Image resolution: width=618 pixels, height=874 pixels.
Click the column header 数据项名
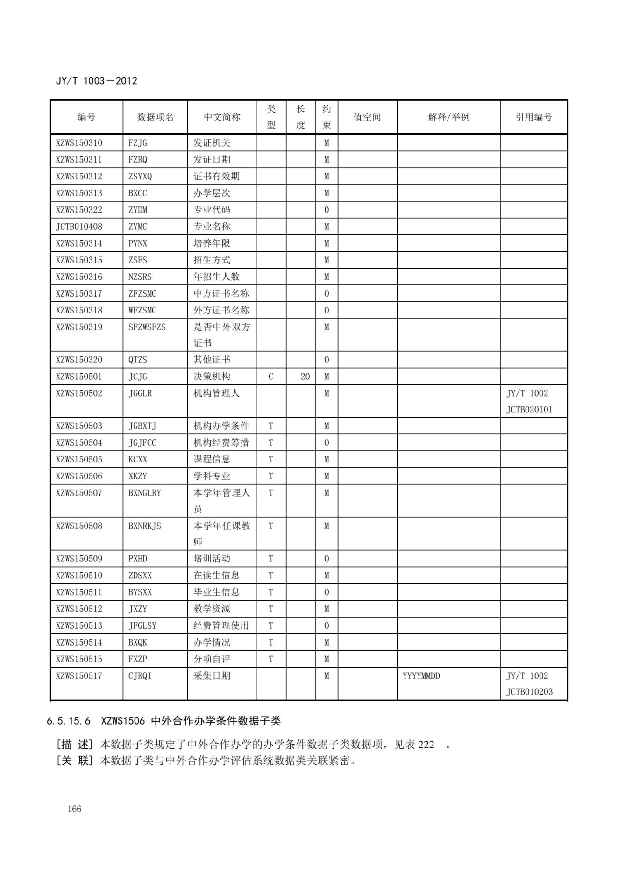coord(155,117)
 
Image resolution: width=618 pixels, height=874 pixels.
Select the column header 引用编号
coord(533,117)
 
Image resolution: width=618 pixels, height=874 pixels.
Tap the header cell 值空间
coord(367,117)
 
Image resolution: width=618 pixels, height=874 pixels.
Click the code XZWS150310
coord(79,143)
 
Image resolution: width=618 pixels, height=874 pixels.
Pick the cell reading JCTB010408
coord(79,227)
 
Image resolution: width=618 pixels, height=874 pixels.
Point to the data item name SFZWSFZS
coord(147,327)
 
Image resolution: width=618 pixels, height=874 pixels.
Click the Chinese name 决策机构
coord(212,377)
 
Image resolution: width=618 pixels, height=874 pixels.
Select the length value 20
coord(305,377)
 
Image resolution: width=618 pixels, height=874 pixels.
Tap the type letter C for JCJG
coord(271,377)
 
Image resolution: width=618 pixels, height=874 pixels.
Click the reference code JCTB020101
coord(529,410)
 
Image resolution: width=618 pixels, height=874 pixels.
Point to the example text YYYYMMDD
coord(421,676)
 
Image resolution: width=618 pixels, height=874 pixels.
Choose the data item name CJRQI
coord(140,676)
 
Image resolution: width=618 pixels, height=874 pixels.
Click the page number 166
coord(74,809)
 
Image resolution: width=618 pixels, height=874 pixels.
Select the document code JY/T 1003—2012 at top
coord(97,81)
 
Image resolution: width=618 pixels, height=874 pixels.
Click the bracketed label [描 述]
coord(75,745)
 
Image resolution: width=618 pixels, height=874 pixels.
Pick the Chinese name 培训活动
coord(212,559)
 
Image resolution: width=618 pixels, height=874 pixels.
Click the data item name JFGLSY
coord(142,625)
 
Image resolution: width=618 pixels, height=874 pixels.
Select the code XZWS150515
coord(79,659)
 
